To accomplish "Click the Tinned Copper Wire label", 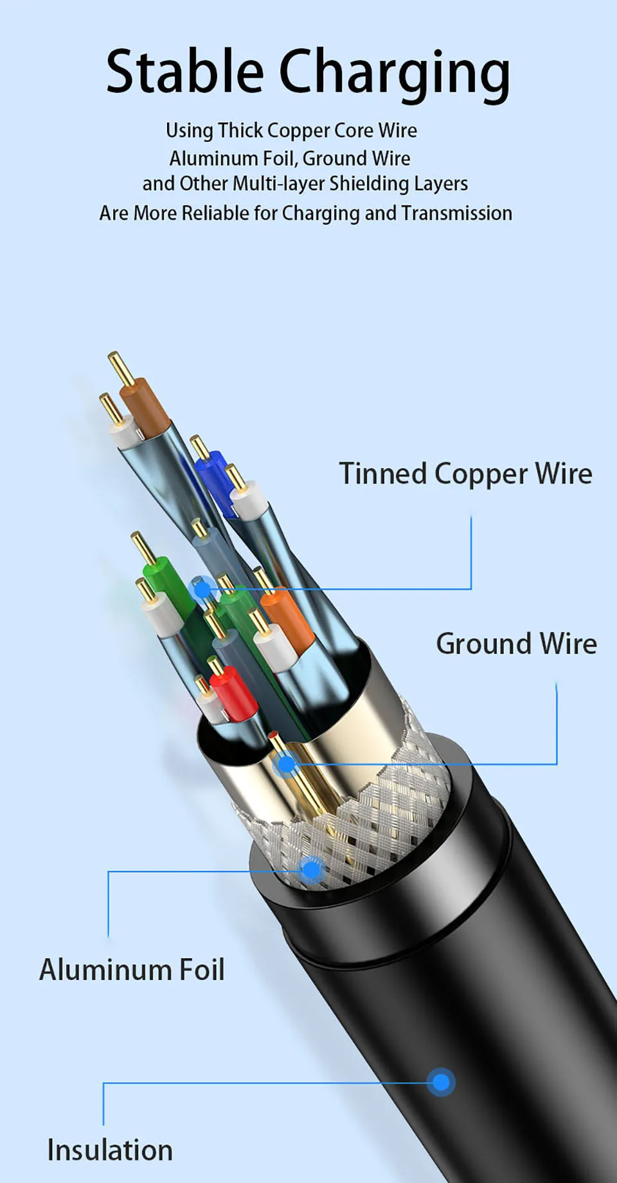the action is tap(465, 474).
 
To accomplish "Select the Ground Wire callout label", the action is tap(516, 644).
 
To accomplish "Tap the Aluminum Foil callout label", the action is tap(132, 969).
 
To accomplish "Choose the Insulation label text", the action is tap(110, 1150).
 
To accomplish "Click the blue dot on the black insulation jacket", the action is tap(441, 1083).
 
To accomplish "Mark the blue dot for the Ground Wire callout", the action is tap(287, 764).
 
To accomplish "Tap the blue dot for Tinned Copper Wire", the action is tap(202, 589).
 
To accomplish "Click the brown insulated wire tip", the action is tap(145, 403).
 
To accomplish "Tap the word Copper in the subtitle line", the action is tap(298, 130).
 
